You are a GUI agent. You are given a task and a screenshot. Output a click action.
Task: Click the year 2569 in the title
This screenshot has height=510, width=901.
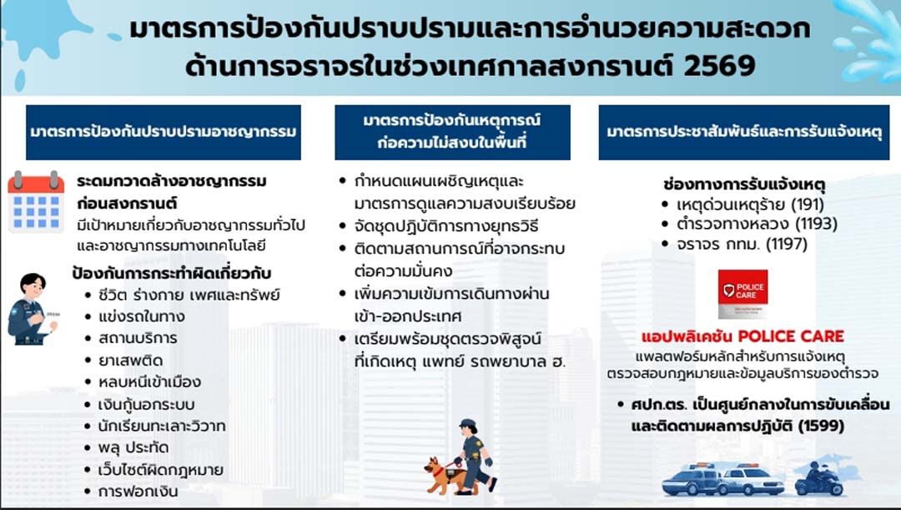(720, 66)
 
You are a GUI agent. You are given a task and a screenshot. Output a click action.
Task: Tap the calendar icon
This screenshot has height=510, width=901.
(36, 202)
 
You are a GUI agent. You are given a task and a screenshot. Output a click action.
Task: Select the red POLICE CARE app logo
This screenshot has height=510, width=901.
(743, 294)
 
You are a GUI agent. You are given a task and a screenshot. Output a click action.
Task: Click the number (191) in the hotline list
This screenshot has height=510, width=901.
(808, 205)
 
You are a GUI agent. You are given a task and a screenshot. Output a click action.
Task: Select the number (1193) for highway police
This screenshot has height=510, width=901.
(818, 224)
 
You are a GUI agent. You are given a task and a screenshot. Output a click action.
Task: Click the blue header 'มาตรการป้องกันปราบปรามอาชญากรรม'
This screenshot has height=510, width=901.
(164, 132)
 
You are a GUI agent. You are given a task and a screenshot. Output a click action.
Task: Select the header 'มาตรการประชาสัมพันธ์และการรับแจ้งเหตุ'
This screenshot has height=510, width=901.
(744, 132)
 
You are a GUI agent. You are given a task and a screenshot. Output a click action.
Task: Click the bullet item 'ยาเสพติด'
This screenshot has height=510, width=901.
(130, 361)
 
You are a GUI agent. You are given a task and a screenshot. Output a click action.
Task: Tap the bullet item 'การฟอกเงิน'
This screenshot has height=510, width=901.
(138, 492)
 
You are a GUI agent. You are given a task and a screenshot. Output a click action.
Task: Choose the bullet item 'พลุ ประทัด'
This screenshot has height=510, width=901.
(133, 448)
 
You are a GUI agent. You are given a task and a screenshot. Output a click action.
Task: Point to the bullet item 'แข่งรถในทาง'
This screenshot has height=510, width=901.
(141, 317)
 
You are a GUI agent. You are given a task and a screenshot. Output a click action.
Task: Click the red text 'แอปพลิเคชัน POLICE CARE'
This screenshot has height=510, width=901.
(743, 336)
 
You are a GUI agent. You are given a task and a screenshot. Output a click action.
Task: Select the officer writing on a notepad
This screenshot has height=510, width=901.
(33, 309)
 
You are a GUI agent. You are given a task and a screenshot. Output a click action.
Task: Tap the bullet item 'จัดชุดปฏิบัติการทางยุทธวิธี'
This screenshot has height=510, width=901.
(446, 226)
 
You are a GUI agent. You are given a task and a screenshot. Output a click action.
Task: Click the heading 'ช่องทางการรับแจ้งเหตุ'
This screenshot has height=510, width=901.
(744, 184)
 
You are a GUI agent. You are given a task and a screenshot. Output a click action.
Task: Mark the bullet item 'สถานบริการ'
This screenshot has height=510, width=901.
(138, 338)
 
